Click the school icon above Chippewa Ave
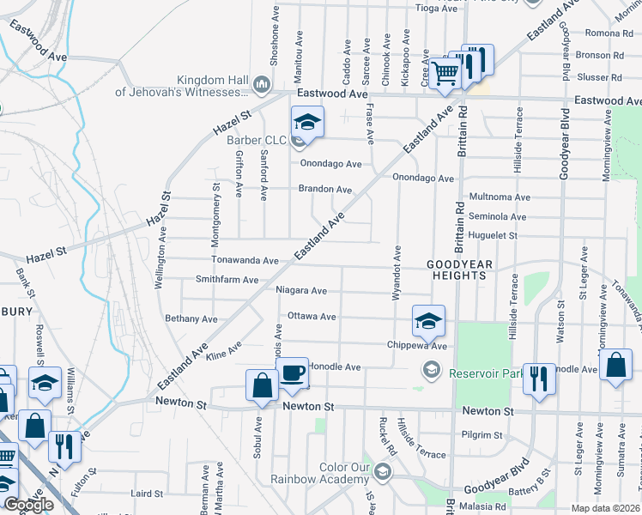[x=428, y=321]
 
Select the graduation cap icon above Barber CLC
[x=306, y=121]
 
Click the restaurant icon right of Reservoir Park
[x=538, y=378]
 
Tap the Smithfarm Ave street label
[x=227, y=280]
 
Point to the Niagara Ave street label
[x=301, y=290]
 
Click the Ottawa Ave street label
[x=312, y=316]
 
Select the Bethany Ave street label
[x=191, y=318]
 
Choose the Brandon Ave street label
[x=325, y=189]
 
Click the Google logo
[x=28, y=505]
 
